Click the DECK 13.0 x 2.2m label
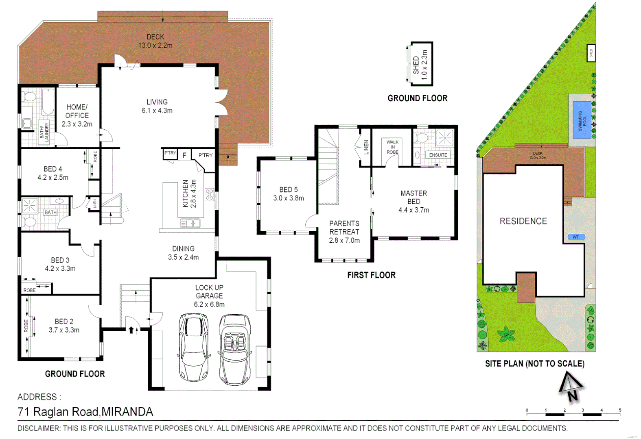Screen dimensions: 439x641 pos(155,41)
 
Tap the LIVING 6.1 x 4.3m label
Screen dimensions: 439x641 pos(157,106)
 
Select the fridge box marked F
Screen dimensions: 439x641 pos(184,155)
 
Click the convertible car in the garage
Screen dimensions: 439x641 pos(235,350)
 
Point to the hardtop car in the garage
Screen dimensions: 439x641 pos(194,347)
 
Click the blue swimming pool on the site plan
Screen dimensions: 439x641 pos(582,120)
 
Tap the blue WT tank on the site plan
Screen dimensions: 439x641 pos(576,237)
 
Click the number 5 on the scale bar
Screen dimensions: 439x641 pos(620,410)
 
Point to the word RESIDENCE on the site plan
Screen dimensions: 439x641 pos(523,221)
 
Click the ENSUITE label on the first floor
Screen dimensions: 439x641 pos(438,155)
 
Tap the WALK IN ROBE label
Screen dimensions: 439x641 pos(392,147)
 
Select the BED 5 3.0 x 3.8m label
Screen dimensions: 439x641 pos(288,194)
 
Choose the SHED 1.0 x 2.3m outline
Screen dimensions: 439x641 pos(421,64)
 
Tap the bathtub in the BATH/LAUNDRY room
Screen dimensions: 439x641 pos(48,102)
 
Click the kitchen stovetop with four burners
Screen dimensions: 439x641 pos(209,194)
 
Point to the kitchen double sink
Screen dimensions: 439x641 pos(190,223)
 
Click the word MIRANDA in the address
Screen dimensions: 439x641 pos(127,412)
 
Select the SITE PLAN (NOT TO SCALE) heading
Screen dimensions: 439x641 pos(534,363)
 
